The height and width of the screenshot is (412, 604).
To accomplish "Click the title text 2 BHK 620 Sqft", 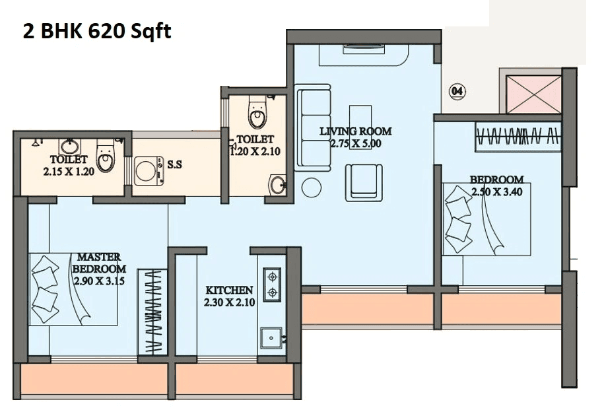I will pos(97,30).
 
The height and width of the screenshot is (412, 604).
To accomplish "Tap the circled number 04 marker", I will pos(457,91).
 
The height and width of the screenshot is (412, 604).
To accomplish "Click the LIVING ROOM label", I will pos(355,131).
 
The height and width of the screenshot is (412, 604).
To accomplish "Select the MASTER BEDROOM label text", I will pos(98,262).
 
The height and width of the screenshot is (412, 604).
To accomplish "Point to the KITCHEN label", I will pos(229,290).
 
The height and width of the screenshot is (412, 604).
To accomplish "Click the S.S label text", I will pos(174,164).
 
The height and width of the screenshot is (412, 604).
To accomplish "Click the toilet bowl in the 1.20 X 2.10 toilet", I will pos(257,114).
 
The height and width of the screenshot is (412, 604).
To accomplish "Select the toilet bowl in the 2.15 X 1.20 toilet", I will pos(106,156).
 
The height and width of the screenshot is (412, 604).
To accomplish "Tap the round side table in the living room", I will pos(311,188).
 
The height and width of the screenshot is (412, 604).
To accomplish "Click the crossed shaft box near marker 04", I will pos(533,94).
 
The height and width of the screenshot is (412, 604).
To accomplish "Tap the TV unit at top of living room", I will pos(364,55).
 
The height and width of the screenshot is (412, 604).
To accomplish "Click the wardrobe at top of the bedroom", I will pos(518,137).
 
